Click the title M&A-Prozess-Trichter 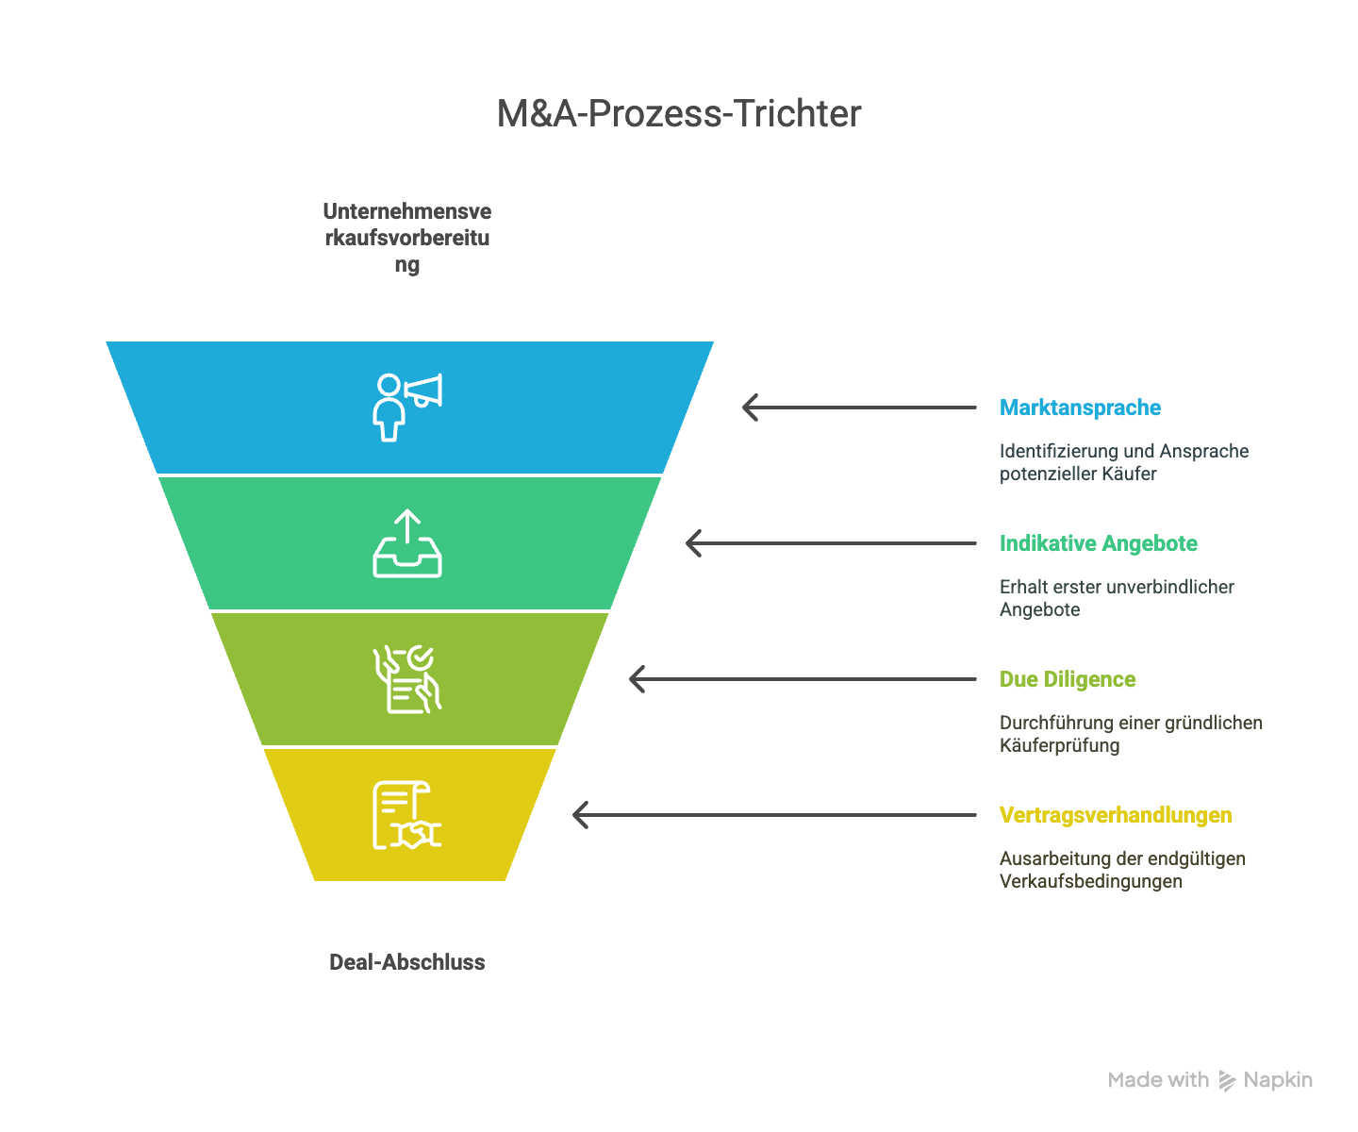[x=679, y=114]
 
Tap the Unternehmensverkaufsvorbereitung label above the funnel [x=407, y=238]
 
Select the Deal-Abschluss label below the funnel [x=407, y=962]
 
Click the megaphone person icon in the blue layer [x=406, y=407]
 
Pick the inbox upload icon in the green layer [x=407, y=543]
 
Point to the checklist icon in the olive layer [x=407, y=679]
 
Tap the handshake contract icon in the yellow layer [x=407, y=815]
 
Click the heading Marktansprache [x=1080, y=408]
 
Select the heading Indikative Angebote [x=1098, y=543]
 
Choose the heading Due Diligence [x=1067, y=679]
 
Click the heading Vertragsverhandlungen [x=1116, y=815]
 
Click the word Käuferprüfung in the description [x=1059, y=745]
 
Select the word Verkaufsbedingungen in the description [x=1090, y=881]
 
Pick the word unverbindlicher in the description [x=1170, y=587]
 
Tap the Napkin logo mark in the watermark [x=1227, y=1081]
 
